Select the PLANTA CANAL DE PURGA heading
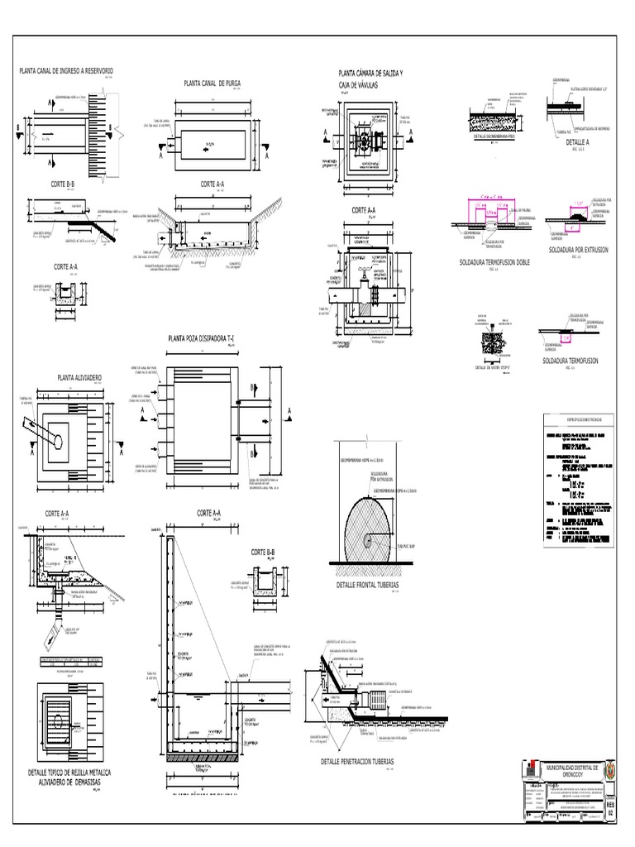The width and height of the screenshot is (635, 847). (x=212, y=84)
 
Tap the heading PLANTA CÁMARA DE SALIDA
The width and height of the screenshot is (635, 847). (x=365, y=74)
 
